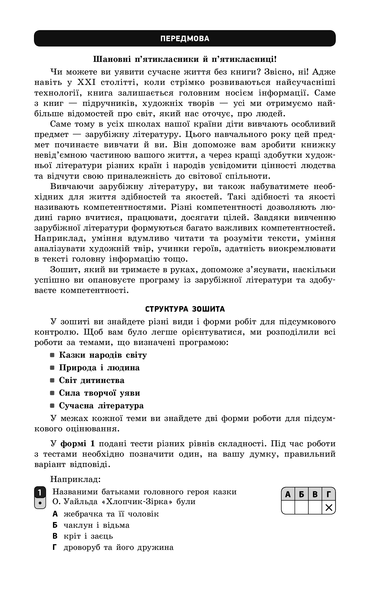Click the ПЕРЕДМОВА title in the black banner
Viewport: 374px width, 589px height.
[x=185, y=39]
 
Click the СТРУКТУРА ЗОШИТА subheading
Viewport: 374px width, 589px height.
[x=185, y=309]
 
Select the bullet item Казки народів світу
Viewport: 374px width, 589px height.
[x=103, y=355]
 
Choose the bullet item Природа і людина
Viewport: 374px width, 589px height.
[x=99, y=368]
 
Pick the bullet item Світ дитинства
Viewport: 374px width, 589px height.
[x=92, y=380]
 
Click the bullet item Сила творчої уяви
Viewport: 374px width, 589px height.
[x=99, y=393]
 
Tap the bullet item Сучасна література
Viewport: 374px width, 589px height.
[x=101, y=406]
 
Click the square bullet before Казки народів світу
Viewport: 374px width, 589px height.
[x=52, y=355]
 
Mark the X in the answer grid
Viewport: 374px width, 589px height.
[x=329, y=508]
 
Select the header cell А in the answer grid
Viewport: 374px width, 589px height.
[x=288, y=495]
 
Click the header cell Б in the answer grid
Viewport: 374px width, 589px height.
[x=301, y=495]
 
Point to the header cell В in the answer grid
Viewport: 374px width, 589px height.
[x=315, y=495]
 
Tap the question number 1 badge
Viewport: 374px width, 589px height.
[x=40, y=493]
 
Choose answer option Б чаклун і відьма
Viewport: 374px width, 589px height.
[x=91, y=525]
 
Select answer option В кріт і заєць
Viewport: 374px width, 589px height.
[x=83, y=536]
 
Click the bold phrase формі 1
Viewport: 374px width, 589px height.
[x=77, y=444]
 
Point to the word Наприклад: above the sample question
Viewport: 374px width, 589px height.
[x=75, y=479]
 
